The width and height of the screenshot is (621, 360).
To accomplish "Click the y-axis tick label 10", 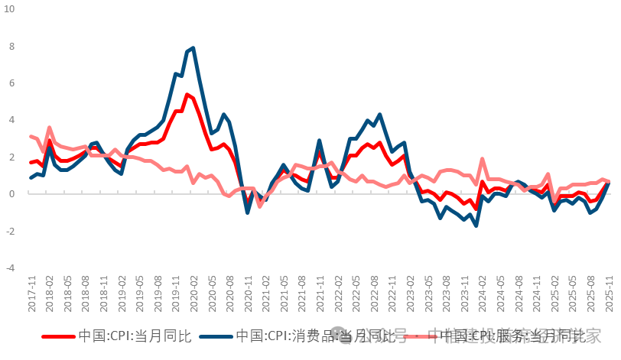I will tap(9, 8).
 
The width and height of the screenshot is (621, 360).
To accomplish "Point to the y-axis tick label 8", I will tap(11, 46).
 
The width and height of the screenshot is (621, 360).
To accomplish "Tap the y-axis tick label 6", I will tap(11, 83).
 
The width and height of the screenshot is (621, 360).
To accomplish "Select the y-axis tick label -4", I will tap(10, 268).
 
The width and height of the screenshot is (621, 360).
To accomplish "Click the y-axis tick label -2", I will tap(10, 231).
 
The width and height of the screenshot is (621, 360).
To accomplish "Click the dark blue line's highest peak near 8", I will tap(193, 48).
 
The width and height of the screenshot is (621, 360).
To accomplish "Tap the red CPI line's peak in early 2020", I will tap(187, 95).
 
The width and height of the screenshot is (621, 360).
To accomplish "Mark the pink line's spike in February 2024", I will tap(482, 159).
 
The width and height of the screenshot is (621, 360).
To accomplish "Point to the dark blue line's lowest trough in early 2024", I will tap(476, 225).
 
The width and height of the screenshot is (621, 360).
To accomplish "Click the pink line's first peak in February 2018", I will tap(49, 128).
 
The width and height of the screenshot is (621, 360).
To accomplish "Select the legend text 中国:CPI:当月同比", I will tap(134, 336).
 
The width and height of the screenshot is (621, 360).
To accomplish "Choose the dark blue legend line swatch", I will tap(215, 336).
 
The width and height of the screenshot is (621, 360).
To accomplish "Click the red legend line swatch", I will tap(57, 336).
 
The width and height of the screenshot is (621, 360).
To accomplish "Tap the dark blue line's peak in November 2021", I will tap(319, 141).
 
